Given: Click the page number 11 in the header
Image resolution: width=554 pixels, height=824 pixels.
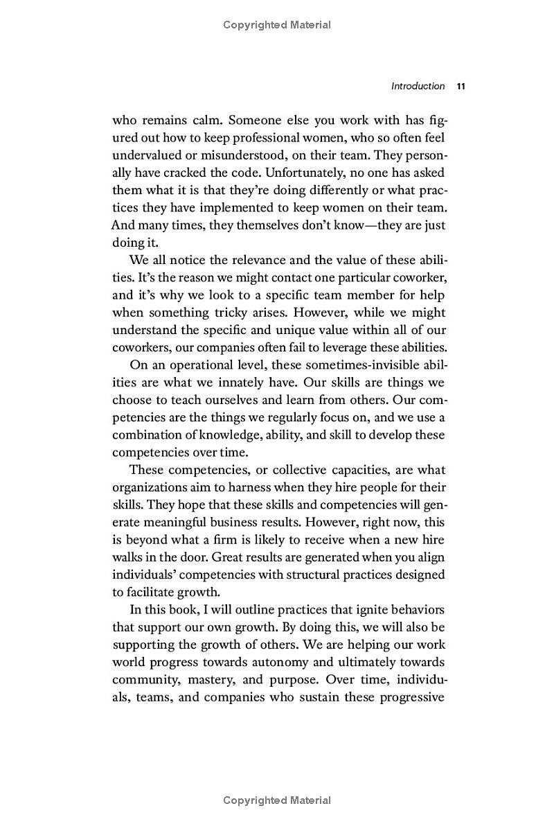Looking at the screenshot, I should coord(461,86).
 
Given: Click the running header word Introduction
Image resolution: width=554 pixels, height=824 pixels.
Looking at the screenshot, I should coord(418,86).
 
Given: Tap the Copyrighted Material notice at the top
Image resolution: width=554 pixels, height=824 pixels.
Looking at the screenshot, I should coord(277,25).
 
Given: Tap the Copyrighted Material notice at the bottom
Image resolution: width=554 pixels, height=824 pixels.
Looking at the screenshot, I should coord(277,800).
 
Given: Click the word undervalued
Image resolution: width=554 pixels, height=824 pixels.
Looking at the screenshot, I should coord(143,155).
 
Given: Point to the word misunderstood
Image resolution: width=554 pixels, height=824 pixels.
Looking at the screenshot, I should coord(222,155).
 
